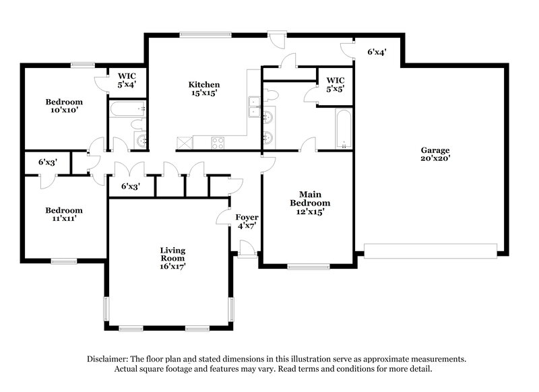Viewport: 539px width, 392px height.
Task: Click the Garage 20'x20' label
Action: (435, 154)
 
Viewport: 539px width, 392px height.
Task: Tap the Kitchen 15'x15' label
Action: (203, 89)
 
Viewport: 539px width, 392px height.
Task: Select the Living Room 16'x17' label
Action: (172, 258)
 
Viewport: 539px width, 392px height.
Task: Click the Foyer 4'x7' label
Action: (246, 222)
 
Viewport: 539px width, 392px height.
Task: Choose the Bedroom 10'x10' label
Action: (64, 106)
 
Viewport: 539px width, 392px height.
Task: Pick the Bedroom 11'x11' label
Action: (64, 215)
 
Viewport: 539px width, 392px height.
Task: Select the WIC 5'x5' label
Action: (335, 84)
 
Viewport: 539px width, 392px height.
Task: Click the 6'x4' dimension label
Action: (377, 52)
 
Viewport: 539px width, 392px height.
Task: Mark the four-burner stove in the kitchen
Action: (218, 143)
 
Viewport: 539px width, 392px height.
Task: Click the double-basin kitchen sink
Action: (255, 108)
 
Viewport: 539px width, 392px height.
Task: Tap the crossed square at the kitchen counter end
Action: (183, 143)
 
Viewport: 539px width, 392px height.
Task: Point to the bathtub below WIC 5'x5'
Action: (342, 130)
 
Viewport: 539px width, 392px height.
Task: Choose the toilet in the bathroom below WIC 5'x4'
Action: (137, 125)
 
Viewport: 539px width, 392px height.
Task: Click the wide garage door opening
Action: (431, 254)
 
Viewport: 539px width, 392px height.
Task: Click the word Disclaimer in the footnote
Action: (109, 360)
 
